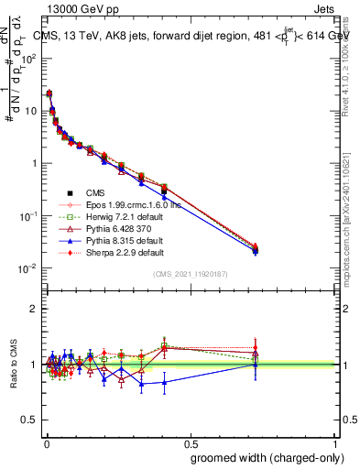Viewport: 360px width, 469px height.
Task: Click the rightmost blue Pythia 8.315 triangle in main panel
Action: tap(256, 250)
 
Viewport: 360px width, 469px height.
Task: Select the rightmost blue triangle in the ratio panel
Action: tap(256, 364)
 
